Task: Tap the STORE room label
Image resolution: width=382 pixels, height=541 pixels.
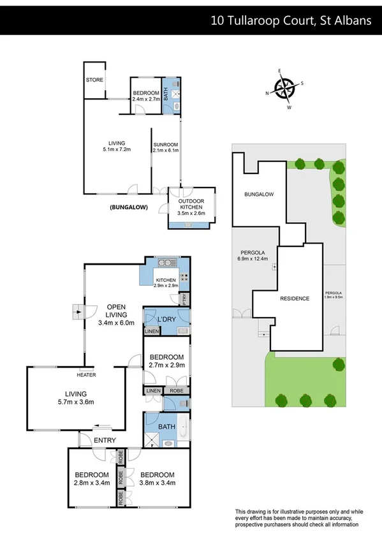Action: click(95, 80)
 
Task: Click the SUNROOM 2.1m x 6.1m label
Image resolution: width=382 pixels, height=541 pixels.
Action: click(166, 147)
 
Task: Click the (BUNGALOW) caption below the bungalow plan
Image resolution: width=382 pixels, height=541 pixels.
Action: click(129, 207)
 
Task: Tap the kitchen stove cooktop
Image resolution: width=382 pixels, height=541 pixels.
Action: click(185, 278)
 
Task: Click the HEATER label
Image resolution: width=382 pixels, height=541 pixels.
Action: click(87, 374)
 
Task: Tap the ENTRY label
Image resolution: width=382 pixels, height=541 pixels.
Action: click(105, 440)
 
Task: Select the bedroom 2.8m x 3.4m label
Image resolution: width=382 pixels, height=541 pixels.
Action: click(92, 478)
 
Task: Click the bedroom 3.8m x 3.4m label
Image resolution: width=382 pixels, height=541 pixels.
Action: click(158, 478)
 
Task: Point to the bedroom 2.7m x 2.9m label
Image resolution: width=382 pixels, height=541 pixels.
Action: click(166, 360)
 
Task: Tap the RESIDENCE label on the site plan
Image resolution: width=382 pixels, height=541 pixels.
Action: click(295, 299)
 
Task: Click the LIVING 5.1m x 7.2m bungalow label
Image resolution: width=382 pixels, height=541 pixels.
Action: click(117, 146)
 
